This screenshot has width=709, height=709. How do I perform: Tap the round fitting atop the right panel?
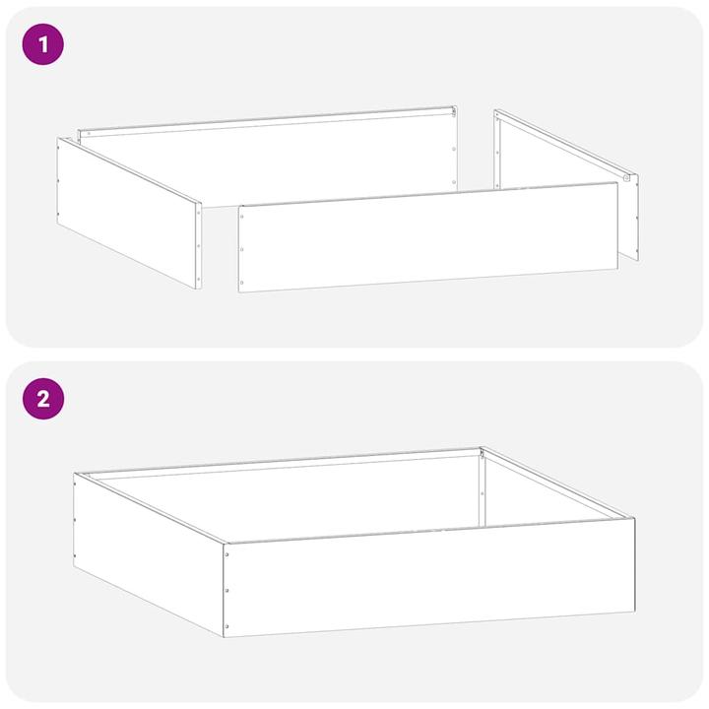[626, 178]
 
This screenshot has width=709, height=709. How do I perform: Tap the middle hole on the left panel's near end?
[198, 245]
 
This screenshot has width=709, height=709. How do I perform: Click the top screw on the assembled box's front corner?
[227, 554]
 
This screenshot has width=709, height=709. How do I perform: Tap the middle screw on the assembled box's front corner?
[227, 590]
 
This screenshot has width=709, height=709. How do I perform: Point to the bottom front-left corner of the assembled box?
[225, 636]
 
